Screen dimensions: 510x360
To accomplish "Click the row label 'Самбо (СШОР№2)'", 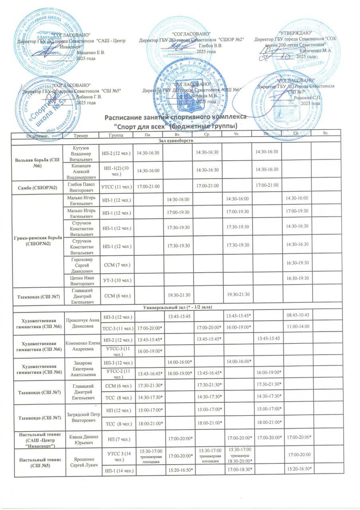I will (36, 187).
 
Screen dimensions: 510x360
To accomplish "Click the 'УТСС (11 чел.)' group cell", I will (117, 187).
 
